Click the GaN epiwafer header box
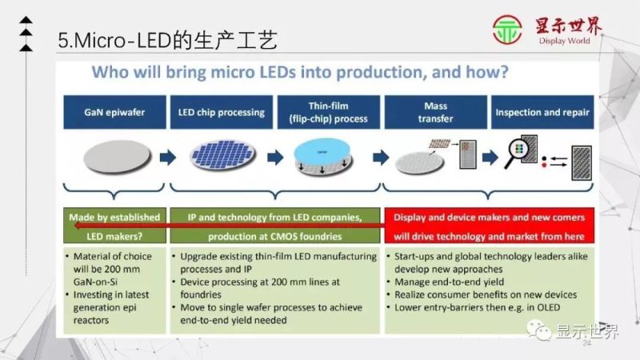tap(114, 112)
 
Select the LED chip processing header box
tap(221, 112)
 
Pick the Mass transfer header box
tap(435, 112)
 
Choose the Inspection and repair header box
tap(542, 112)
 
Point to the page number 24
tap(586, 343)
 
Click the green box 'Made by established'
tap(114, 217)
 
